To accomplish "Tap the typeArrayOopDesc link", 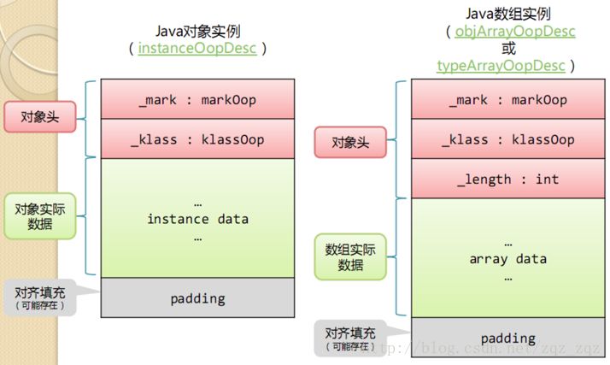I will pyautogui.click(x=505, y=66).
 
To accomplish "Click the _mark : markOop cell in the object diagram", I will pyautogui.click(x=197, y=100).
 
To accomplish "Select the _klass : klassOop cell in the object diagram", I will pyautogui.click(x=197, y=139).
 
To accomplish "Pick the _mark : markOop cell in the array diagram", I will pyautogui.click(x=508, y=100).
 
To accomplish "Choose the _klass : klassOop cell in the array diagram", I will pyautogui.click(x=508, y=139).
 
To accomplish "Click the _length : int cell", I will pyautogui.click(x=508, y=180).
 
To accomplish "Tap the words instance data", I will pyautogui.click(x=197, y=219).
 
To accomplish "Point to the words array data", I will pyautogui.click(x=508, y=258).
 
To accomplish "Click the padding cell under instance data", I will pyautogui.click(x=197, y=298).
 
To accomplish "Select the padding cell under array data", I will pyautogui.click(x=508, y=338).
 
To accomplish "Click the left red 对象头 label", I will pyautogui.click(x=39, y=116).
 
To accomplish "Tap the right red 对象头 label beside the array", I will pyautogui.click(x=351, y=142).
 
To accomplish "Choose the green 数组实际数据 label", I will pyautogui.click(x=351, y=256).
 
